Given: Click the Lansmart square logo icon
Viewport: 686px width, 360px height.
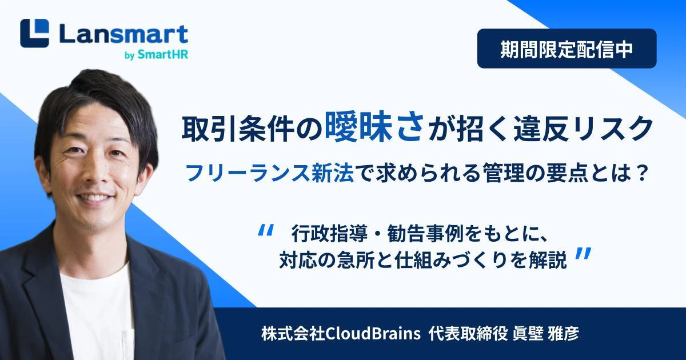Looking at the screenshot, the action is pos(34,33).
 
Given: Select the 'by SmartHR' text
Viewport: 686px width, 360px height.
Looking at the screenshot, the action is pos(156,55).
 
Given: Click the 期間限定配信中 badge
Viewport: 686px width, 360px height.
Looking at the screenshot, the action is pos(567,49).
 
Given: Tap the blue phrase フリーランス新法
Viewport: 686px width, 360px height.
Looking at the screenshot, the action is pos(270,174).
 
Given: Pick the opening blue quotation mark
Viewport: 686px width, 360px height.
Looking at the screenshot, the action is pos(265,230).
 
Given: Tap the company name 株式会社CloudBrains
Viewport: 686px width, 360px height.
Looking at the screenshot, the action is pos(341,333).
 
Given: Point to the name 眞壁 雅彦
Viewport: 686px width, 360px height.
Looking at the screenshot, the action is pos(546,333).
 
